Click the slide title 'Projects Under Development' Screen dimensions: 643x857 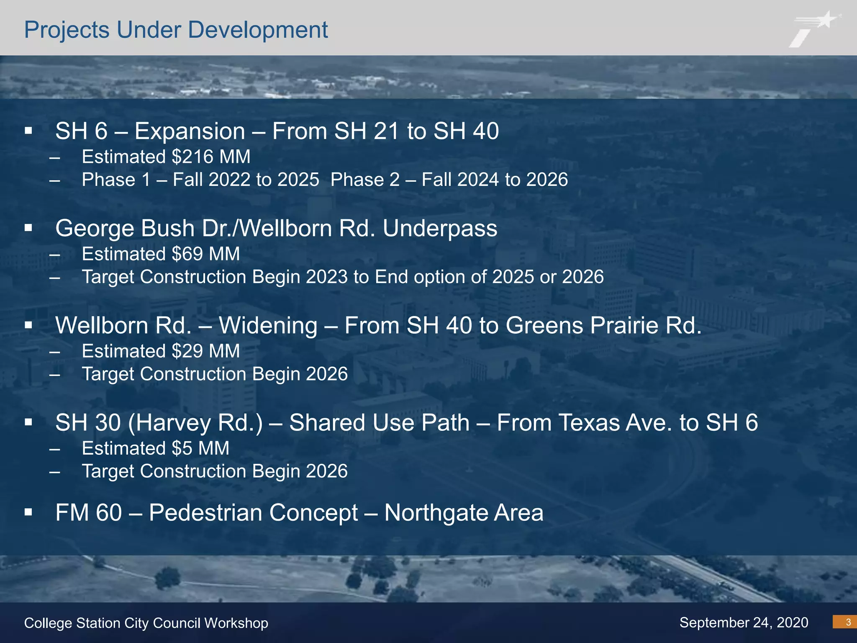pyautogui.click(x=176, y=30)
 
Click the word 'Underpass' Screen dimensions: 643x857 pyautogui.click(x=440, y=229)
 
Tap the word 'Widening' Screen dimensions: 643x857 pyautogui.click(x=268, y=326)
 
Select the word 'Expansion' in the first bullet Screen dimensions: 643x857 pyautogui.click(x=190, y=131)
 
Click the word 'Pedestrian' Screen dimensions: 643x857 pyautogui.click(x=253, y=513)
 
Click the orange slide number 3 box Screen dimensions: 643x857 pyautogui.click(x=844, y=622)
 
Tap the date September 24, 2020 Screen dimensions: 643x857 pyautogui.click(x=744, y=622)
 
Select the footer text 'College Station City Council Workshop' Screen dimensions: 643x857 pyautogui.click(x=146, y=623)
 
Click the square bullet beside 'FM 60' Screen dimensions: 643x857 pyautogui.click(x=28, y=512)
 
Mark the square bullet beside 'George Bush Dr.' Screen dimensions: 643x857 pyautogui.click(x=28, y=228)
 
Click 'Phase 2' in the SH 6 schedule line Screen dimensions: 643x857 pyautogui.click(x=365, y=180)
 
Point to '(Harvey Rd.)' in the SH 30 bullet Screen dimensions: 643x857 pyautogui.click(x=195, y=423)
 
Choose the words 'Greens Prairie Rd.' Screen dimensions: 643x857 pyautogui.click(x=603, y=326)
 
